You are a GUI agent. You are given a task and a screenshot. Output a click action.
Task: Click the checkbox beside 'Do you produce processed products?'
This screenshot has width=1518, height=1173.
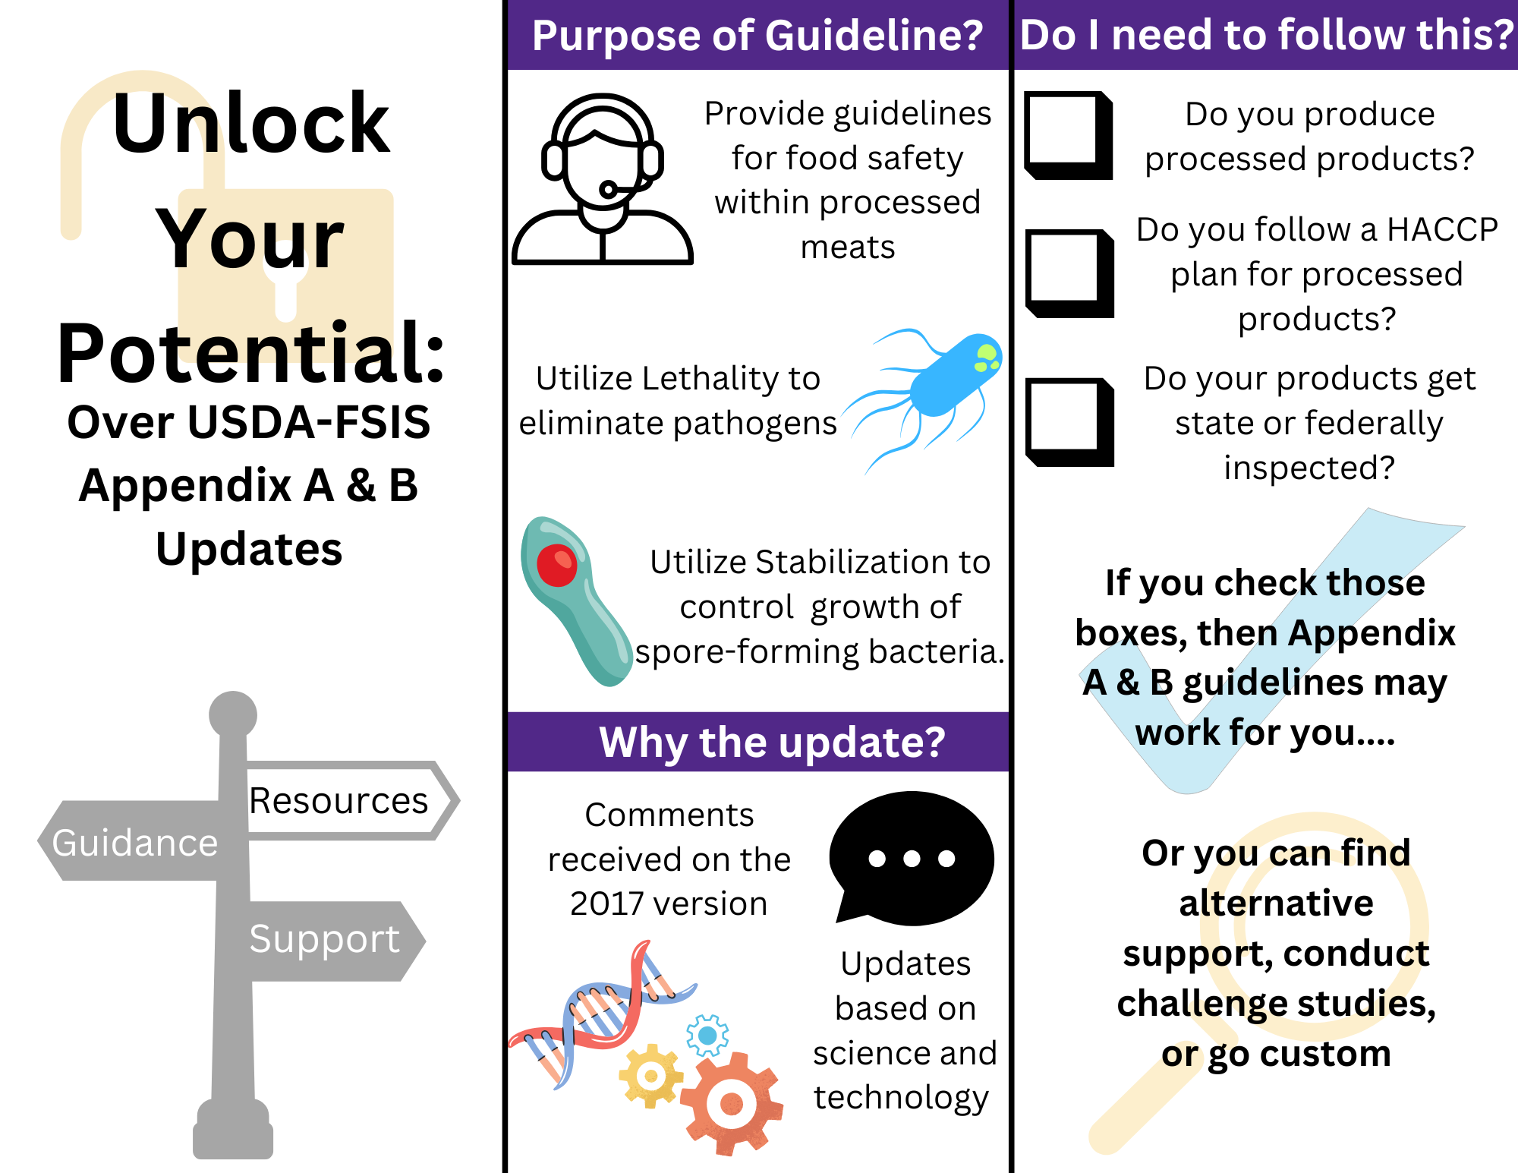[x=1069, y=136]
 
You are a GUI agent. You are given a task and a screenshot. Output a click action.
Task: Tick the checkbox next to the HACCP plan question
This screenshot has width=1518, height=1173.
[x=1069, y=273]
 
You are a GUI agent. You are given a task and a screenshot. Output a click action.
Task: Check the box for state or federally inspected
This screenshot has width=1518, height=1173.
[x=1069, y=422]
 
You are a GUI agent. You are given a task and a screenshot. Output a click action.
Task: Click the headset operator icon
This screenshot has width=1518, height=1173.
[x=603, y=179]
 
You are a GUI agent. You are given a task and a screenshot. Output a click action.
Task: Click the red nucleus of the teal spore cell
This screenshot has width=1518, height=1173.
[x=557, y=566]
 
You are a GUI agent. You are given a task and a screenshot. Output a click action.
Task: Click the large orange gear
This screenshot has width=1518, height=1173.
[x=732, y=1103]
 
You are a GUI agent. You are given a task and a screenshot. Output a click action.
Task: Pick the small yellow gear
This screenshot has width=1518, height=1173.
[x=650, y=1076]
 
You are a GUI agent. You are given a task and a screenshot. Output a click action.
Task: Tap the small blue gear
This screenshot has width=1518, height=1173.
[x=707, y=1036]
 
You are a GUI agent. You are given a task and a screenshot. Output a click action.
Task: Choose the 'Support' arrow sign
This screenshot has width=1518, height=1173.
[x=326, y=941]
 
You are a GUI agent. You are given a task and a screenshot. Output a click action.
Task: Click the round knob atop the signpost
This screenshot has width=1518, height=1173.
[x=233, y=714]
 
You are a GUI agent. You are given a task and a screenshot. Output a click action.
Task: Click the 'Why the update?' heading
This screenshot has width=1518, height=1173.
[x=773, y=742]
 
